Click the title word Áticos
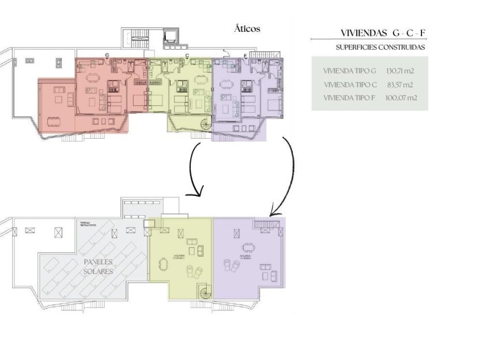[x=247, y=28]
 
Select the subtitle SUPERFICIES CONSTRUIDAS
[x=380, y=47]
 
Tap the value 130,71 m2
[x=400, y=71]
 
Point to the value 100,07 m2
[x=401, y=98]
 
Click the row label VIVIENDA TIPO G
[x=350, y=71]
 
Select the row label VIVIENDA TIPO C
[x=350, y=84]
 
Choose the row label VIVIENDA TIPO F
[x=349, y=98]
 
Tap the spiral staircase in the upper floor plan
[x=206, y=124]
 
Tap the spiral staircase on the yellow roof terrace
[x=205, y=292]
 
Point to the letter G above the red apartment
[x=108, y=55]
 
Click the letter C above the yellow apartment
[x=187, y=55]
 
